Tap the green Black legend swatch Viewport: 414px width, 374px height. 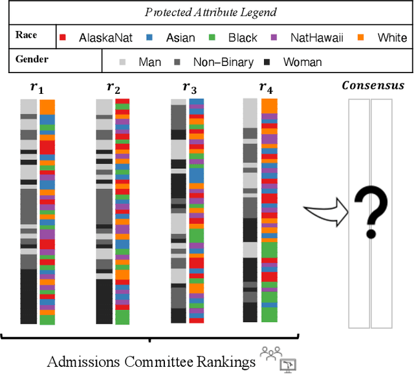click(x=212, y=38)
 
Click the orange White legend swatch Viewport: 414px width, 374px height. click(x=360, y=38)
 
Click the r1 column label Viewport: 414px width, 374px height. click(x=38, y=87)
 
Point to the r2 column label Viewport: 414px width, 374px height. click(x=113, y=87)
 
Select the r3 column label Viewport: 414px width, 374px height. click(x=189, y=87)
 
